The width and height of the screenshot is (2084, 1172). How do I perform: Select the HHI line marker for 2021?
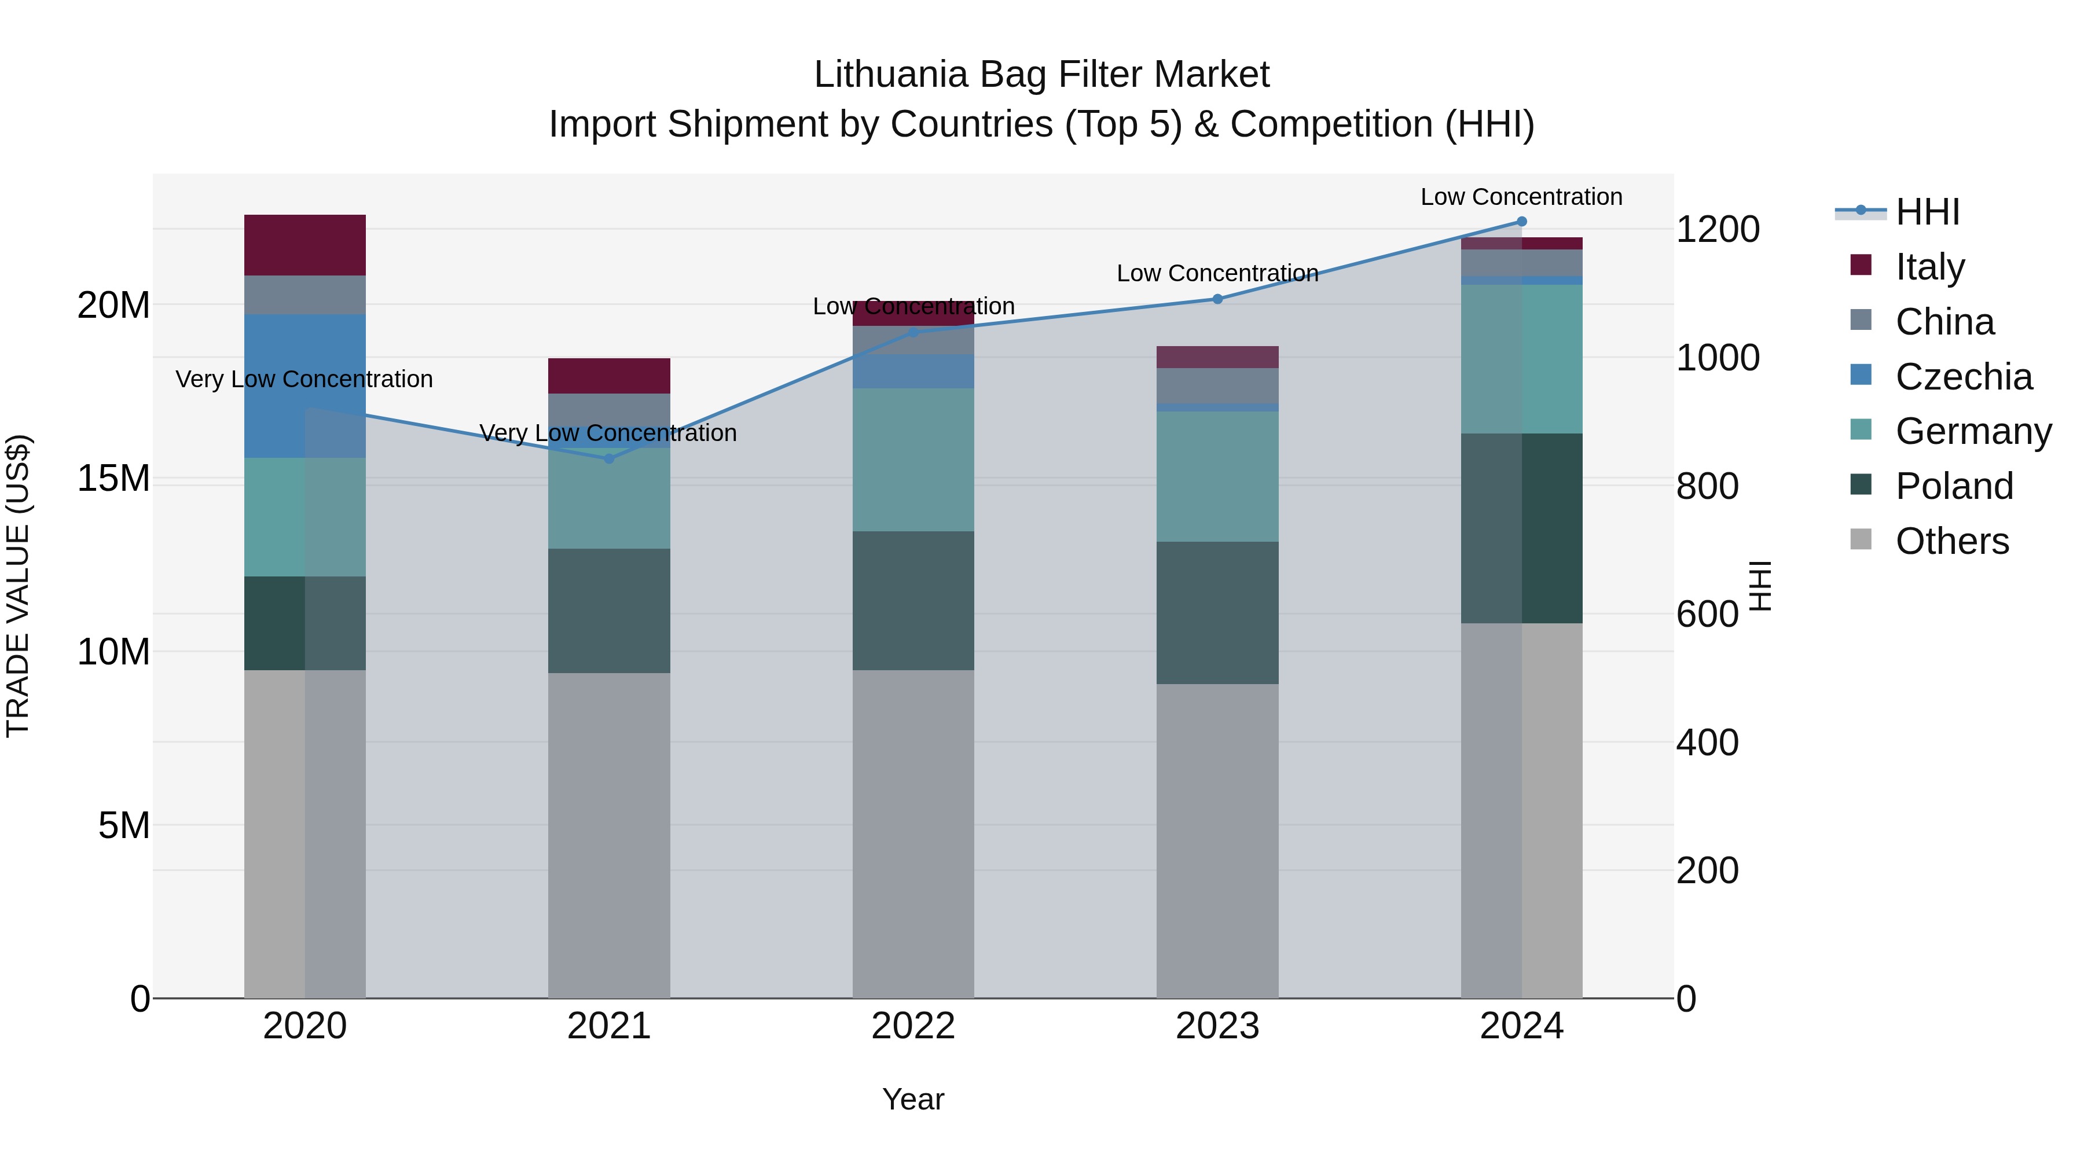609,458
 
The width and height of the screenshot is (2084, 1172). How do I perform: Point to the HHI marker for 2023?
1217,299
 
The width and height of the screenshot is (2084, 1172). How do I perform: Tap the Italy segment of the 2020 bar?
305,245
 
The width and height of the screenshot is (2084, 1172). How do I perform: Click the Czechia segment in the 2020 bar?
305,386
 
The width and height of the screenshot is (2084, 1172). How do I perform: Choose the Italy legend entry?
1929,267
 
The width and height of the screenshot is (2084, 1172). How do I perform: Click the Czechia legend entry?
1964,377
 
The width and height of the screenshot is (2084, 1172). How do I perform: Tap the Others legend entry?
1951,541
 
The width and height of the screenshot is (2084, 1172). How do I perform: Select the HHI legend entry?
1927,212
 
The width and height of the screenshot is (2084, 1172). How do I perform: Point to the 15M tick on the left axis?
113,478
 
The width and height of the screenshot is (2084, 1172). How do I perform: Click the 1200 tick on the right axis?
1717,230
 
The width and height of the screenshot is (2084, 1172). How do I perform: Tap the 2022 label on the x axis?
913,1026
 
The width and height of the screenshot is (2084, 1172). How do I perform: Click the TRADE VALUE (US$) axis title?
18,586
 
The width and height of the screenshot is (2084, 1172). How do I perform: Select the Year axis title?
913,1099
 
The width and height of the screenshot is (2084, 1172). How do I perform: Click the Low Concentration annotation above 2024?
1521,197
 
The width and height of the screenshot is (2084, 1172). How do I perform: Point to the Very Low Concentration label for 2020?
304,379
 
